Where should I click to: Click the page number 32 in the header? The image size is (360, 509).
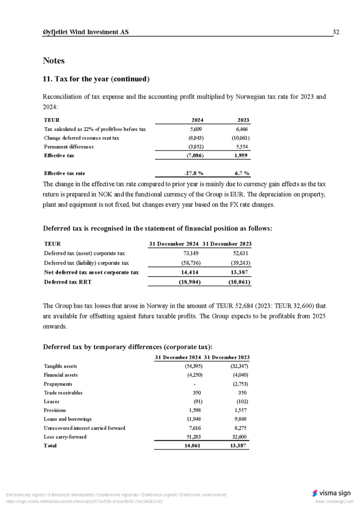[336, 32]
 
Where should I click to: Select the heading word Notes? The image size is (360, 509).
[54, 61]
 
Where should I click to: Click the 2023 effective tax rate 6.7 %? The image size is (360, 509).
[242, 173]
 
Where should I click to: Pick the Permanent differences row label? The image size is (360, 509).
[69, 147]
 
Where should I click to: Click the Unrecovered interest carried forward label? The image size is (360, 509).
[84, 428]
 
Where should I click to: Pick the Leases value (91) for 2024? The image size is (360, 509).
[197, 402]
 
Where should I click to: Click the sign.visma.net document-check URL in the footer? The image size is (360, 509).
[84, 502]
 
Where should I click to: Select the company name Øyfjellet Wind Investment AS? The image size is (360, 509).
[86, 32]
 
